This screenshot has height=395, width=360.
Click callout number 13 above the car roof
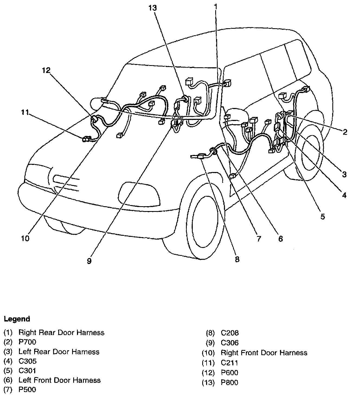click(x=153, y=8)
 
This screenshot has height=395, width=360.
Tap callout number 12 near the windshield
click(x=46, y=71)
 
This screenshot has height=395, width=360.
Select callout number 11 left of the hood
click(x=25, y=112)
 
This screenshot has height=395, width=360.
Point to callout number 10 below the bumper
click(x=25, y=238)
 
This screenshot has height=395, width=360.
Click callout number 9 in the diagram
click(x=89, y=261)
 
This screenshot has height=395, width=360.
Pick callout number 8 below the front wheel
click(x=237, y=259)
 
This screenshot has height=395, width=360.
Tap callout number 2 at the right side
click(x=345, y=132)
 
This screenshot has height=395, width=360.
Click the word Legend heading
click(x=17, y=319)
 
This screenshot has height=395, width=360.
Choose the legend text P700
click(x=27, y=342)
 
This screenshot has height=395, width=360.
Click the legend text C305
click(x=27, y=361)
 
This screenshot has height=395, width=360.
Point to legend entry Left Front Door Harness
click(x=59, y=380)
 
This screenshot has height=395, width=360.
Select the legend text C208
click(x=230, y=333)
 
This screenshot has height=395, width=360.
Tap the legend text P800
click(x=230, y=383)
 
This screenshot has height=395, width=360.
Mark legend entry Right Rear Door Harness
click(x=61, y=333)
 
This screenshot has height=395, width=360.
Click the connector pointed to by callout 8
click(x=201, y=156)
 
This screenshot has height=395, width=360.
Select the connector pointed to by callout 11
click(x=87, y=139)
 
